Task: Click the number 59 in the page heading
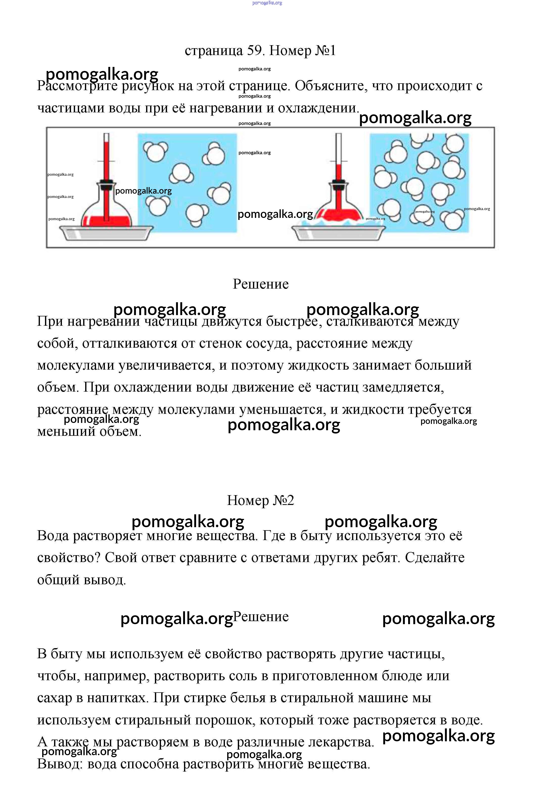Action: pyautogui.click(x=254, y=50)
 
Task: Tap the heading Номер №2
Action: pyautogui.click(x=261, y=500)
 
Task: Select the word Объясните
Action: pyautogui.click(x=331, y=86)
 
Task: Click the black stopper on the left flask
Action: pyautogui.click(x=106, y=184)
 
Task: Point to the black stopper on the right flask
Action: pyautogui.click(x=338, y=184)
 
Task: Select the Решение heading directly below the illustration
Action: pyautogui.click(x=261, y=284)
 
